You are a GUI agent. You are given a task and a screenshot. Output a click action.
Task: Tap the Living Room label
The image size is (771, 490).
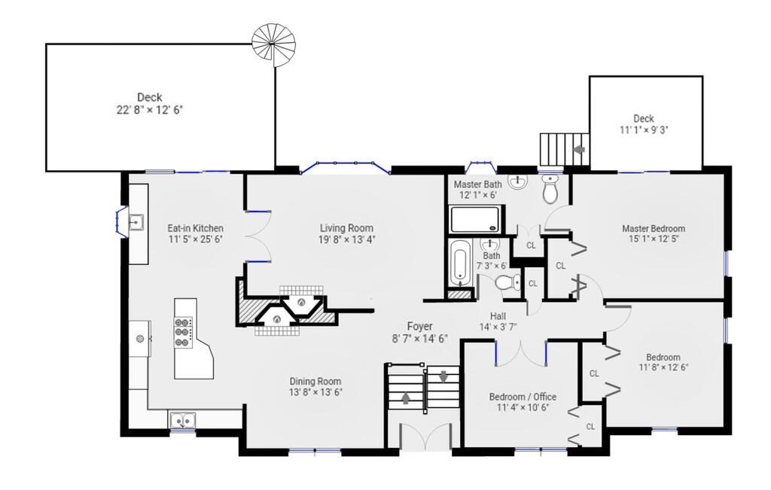point(346,228)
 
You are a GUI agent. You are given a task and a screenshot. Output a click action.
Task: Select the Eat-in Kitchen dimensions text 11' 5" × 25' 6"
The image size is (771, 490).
point(195,240)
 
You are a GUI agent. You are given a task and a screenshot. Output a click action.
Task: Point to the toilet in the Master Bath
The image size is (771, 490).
point(550,188)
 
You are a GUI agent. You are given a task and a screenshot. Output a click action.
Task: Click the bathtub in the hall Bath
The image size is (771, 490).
point(460,263)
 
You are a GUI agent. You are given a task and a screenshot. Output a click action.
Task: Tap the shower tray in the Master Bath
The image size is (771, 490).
point(476,219)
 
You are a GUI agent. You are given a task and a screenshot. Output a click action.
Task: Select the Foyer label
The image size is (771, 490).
point(419,327)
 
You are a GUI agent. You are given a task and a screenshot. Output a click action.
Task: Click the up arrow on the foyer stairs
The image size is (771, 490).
point(406,397)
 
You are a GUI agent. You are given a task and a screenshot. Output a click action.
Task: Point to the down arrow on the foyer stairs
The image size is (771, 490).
point(443,376)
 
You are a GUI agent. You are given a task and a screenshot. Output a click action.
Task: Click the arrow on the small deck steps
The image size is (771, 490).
point(581,148)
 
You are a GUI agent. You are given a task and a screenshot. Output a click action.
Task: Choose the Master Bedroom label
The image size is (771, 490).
point(654,229)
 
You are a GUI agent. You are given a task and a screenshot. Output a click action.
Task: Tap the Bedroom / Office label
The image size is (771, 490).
point(523,397)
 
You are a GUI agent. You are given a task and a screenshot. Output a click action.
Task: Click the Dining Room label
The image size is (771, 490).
point(315,382)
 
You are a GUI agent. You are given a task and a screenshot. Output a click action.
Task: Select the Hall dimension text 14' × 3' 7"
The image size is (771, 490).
point(498,326)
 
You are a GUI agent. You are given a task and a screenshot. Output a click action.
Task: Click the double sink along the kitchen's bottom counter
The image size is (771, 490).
point(182,421)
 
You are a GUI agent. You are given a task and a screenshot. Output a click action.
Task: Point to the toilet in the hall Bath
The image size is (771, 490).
point(508,283)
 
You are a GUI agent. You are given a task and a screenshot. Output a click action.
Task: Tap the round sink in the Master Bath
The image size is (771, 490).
point(518,182)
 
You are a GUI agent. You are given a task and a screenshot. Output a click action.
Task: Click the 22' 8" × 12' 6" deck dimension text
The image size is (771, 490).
point(150,110)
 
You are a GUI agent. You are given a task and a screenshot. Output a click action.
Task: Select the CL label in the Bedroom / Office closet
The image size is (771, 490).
point(590,427)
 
